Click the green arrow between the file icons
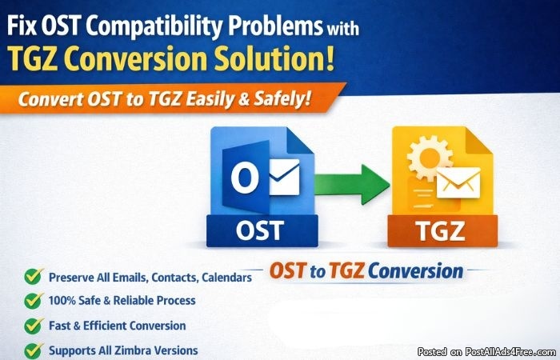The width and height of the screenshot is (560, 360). [352, 184]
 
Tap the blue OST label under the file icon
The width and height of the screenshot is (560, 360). [262, 230]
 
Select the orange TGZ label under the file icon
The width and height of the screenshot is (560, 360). [442, 231]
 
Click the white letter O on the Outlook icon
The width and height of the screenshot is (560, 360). [245, 177]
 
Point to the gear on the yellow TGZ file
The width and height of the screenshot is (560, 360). [430, 158]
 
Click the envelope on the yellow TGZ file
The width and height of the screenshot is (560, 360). [458, 183]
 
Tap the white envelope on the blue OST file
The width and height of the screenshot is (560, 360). [284, 177]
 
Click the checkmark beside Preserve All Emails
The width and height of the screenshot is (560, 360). [34, 276]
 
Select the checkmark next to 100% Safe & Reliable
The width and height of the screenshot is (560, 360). [34, 300]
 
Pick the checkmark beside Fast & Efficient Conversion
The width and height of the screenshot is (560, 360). [34, 326]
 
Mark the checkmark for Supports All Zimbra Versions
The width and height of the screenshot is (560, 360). [34, 350]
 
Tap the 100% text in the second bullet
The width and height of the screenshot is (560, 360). [62, 300]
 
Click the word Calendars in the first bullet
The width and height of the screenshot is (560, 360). [226, 278]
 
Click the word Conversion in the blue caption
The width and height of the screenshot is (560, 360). [415, 271]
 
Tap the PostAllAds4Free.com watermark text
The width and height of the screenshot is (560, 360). [510, 352]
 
